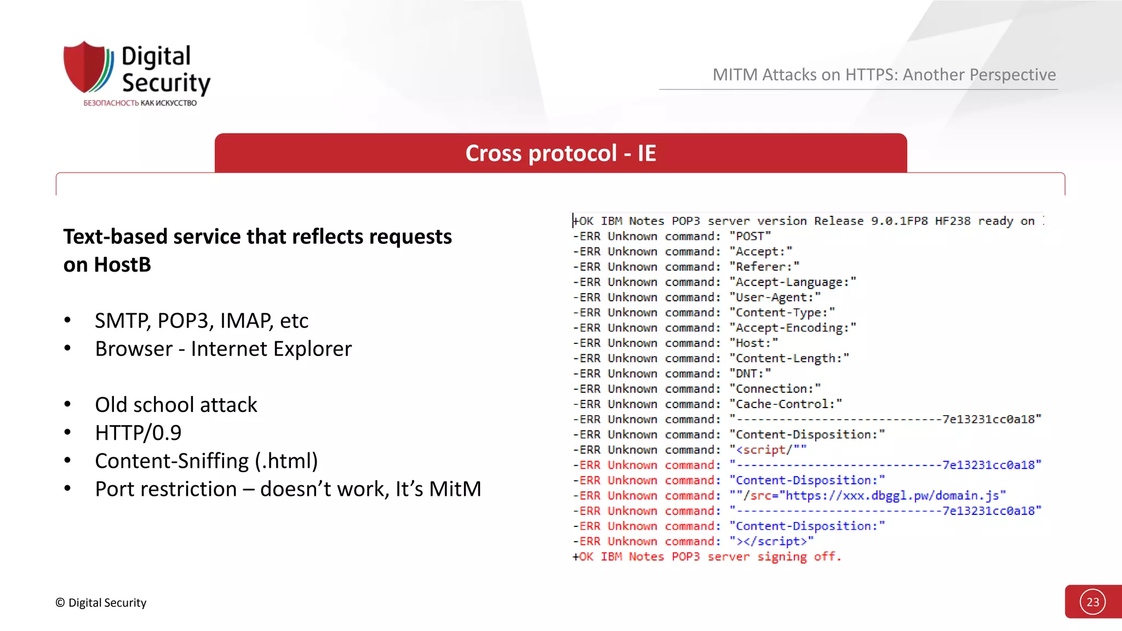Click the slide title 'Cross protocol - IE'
(560, 153)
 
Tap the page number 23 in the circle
(1092, 602)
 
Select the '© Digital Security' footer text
(101, 603)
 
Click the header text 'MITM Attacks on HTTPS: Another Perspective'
(884, 74)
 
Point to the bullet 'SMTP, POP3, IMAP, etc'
(201, 320)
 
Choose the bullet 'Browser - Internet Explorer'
(223, 349)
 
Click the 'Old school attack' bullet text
(176, 405)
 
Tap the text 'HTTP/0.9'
(138, 433)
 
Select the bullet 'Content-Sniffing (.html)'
(206, 461)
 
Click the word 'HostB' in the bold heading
(123, 265)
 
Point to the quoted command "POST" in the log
(750, 236)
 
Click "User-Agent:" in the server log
(775, 297)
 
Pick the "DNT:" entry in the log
(750, 374)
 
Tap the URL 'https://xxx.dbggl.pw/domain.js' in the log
(892, 496)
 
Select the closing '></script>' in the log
(771, 541)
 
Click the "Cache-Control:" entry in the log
(786, 404)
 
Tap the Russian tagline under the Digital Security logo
(140, 103)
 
